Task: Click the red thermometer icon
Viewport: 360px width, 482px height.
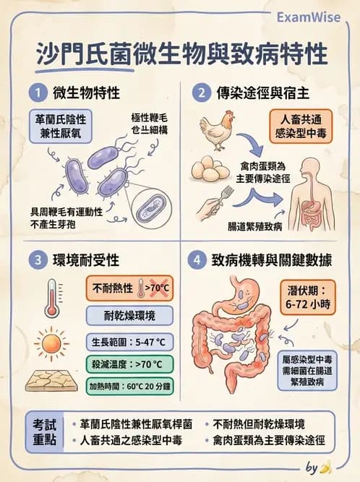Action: pyautogui.click(x=51, y=296)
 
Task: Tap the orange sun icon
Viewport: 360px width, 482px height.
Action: pyautogui.click(x=51, y=342)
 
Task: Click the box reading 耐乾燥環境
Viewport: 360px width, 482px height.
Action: pyautogui.click(x=129, y=315)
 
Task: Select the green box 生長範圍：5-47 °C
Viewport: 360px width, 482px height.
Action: pyautogui.click(x=129, y=341)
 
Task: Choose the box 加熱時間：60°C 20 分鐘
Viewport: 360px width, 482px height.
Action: pyautogui.click(x=129, y=386)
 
